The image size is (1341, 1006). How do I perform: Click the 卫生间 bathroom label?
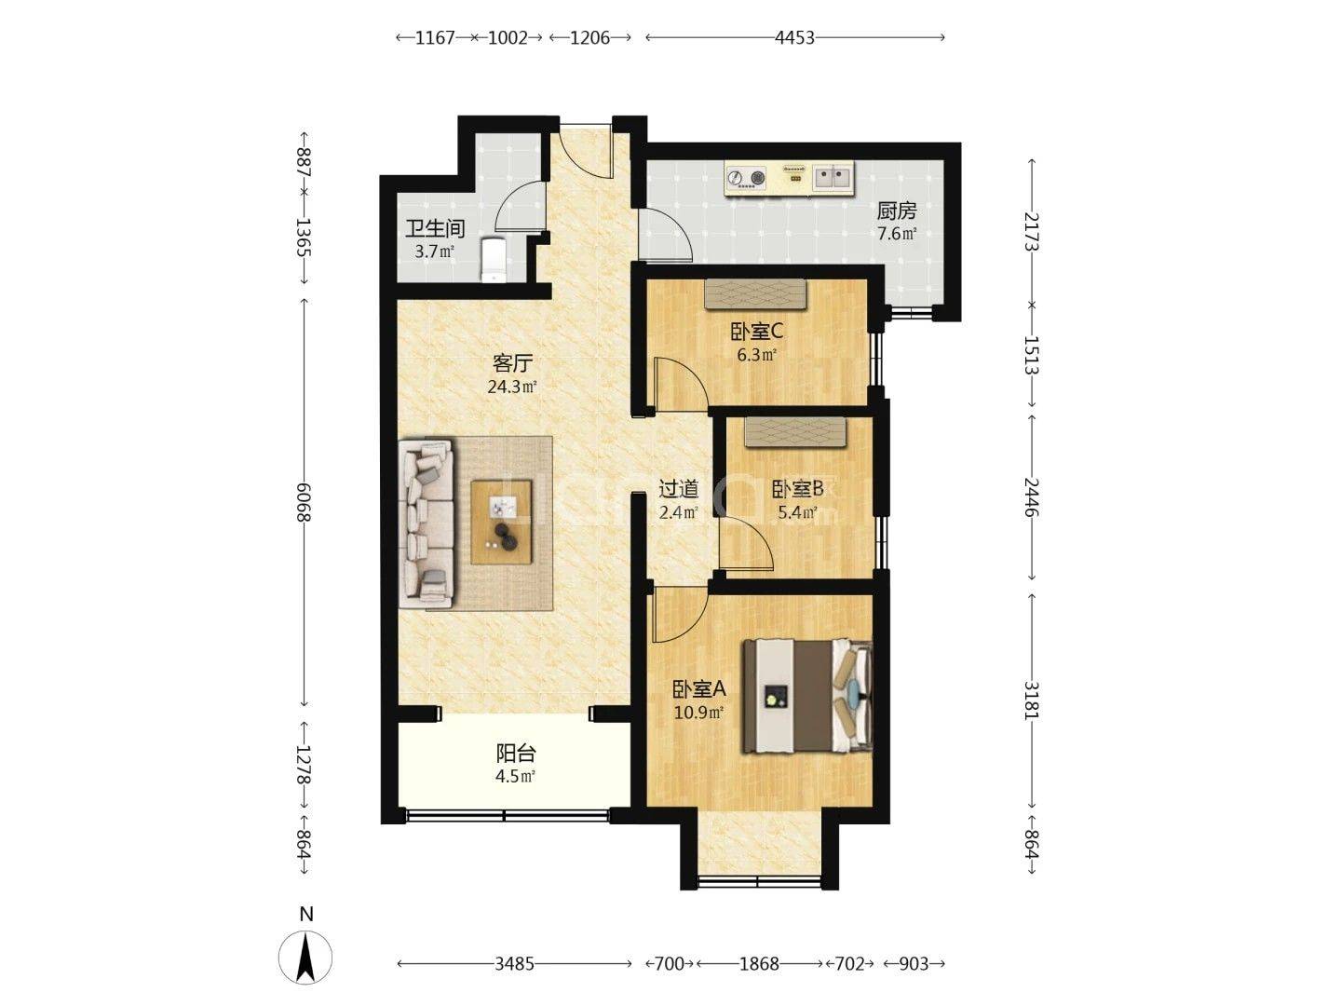click(x=435, y=228)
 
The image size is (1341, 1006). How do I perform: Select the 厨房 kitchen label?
click(x=896, y=211)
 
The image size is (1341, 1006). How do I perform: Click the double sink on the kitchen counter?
click(x=833, y=177)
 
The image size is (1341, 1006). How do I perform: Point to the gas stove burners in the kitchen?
click(x=746, y=178)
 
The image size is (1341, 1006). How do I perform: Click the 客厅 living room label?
click(x=512, y=363)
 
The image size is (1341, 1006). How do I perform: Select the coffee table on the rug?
click(x=502, y=523)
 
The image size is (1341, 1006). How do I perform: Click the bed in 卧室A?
click(x=806, y=696)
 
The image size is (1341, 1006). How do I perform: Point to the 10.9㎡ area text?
click(x=699, y=713)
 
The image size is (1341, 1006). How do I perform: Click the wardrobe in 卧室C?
click(x=754, y=293)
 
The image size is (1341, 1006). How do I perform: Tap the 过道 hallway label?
click(x=678, y=489)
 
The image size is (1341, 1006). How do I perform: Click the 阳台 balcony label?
click(x=516, y=754)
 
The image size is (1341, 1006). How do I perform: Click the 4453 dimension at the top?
click(x=795, y=38)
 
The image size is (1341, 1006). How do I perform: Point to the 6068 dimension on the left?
click(x=304, y=503)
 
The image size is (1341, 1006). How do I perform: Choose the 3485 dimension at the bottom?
click(x=514, y=964)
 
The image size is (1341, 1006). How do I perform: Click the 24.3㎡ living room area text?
click(x=512, y=387)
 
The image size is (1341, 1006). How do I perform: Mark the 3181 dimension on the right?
click(x=1032, y=700)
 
